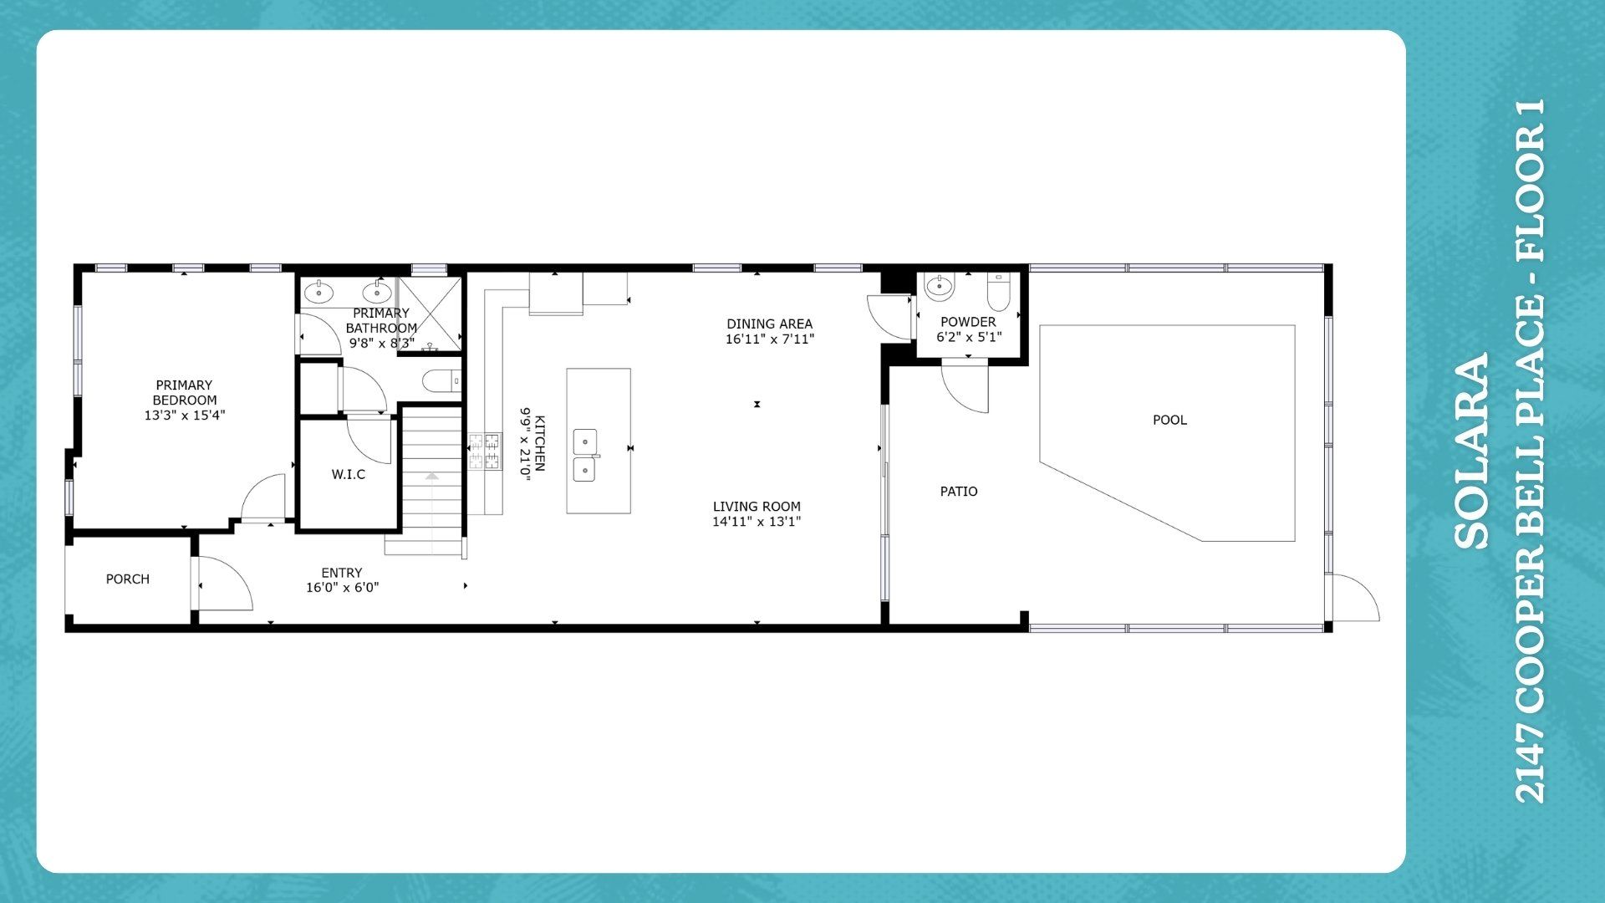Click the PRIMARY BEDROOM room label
[x=185, y=400]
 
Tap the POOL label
[x=1169, y=420]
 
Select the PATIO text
[x=959, y=492]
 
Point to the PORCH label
[x=128, y=579]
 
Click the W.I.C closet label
[x=349, y=474]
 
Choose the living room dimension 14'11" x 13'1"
[x=757, y=522]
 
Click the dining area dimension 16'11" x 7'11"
[x=770, y=339]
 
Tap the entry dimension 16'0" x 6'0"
[x=342, y=588]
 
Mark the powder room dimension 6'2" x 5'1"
[x=969, y=337]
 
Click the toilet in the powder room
[x=999, y=291]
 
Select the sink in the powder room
[x=940, y=287]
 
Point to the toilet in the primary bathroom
[x=441, y=382]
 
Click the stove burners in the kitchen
[x=485, y=451]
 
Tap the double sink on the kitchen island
[x=585, y=456]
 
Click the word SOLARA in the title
[x=1472, y=451]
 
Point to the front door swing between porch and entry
[x=225, y=584]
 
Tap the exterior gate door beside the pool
[x=1354, y=597]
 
